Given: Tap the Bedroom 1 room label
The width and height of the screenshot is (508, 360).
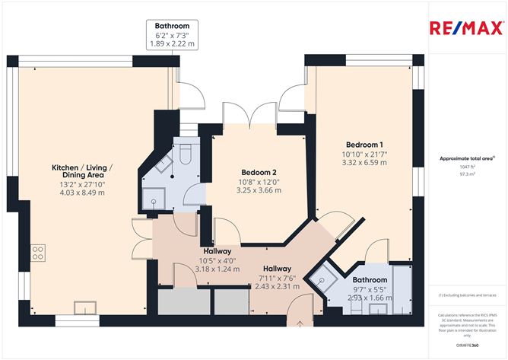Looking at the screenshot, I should tap(364, 145).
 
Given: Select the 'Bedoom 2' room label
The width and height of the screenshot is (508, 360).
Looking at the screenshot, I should tap(258, 172).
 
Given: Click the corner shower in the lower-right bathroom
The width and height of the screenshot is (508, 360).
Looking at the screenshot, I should tap(325, 282).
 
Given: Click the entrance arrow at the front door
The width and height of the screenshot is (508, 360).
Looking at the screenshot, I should tap(302, 323).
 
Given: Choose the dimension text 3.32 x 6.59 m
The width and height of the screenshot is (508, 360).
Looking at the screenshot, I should tap(364, 162).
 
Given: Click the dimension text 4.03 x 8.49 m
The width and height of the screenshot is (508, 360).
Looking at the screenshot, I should tap(83, 193).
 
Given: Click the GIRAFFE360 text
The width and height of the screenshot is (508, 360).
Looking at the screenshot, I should tap(465, 345).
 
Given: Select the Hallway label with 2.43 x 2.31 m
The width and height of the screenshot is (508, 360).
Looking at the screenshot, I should tap(277, 277).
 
